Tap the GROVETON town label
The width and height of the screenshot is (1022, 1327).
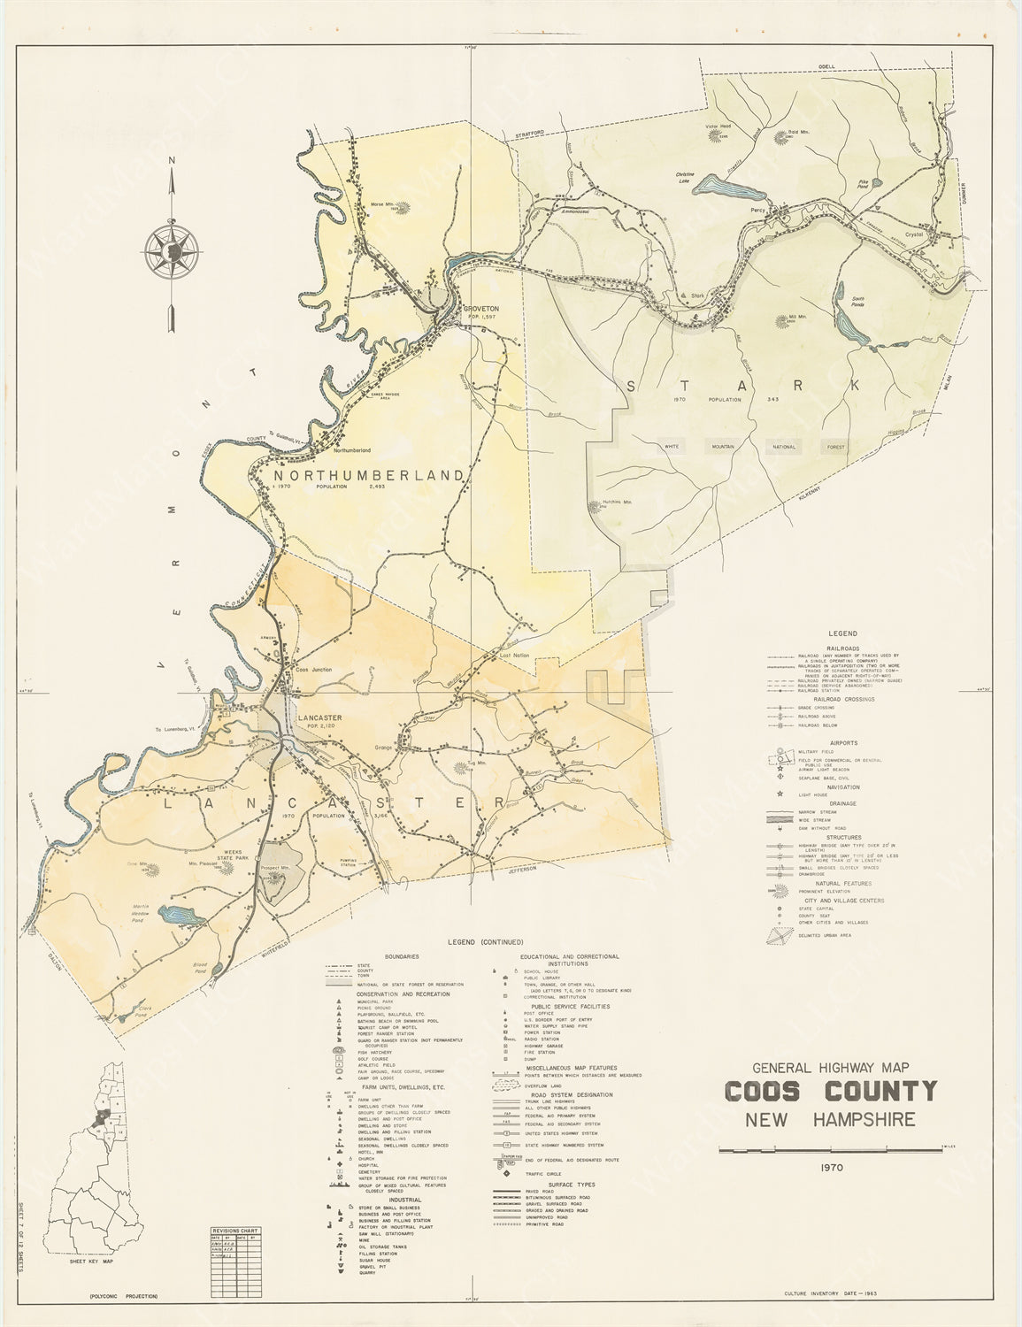coord(481,308)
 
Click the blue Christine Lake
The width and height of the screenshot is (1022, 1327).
coord(726,188)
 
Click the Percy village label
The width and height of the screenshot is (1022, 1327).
coord(756,211)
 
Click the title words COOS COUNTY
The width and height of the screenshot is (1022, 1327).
coord(829,1091)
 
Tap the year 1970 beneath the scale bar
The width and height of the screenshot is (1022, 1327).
coord(829,1167)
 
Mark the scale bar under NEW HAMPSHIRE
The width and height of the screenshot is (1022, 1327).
coord(829,1148)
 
